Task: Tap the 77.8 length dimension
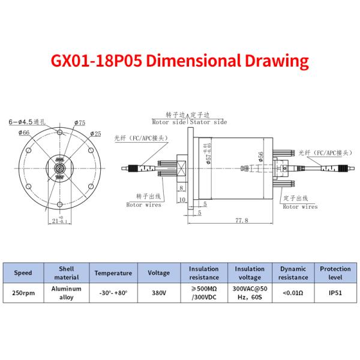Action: coord(241,220)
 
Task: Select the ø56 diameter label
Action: coord(260,157)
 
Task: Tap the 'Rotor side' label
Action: coord(169,122)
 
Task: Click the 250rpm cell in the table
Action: coord(23,293)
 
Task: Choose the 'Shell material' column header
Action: coord(67,273)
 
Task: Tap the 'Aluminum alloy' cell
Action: coord(67,293)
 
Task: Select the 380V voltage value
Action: coord(158,293)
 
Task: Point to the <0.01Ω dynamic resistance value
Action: coord(292,293)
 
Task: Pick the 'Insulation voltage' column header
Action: coord(249,273)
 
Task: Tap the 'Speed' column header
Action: coord(23,273)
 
